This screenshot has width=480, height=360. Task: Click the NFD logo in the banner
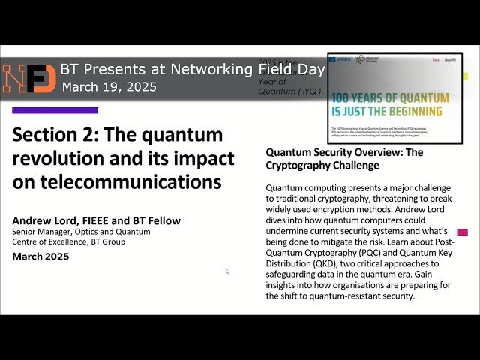28,78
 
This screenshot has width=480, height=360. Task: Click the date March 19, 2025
109,87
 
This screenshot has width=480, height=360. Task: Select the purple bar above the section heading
55,110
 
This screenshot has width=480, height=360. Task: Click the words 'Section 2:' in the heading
55,135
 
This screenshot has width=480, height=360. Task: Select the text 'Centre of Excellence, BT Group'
74,242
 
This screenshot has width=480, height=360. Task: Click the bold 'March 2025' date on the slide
40,256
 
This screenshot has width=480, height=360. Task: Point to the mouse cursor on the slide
228,271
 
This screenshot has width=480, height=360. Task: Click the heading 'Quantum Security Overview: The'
344,152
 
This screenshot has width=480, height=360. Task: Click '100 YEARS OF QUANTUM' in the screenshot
390,98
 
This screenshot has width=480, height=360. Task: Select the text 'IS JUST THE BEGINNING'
387,112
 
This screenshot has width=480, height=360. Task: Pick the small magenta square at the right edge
462,232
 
